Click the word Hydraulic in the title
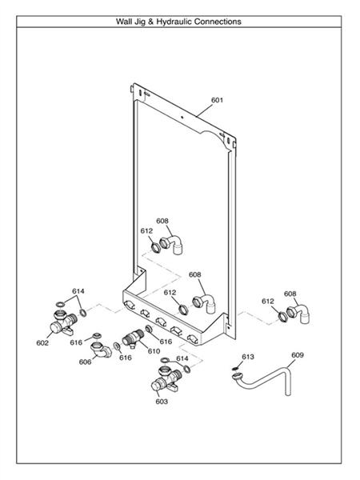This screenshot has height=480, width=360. (x=174, y=22)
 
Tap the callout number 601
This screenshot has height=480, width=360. (x=218, y=100)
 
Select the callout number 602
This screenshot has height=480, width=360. (x=42, y=343)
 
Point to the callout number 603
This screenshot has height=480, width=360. (x=162, y=402)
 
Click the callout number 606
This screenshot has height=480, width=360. (x=85, y=362)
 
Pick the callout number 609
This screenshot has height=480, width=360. (x=298, y=355)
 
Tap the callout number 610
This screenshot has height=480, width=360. (x=154, y=351)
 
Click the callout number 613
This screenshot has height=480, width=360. (x=248, y=357)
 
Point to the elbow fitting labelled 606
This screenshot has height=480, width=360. (x=101, y=350)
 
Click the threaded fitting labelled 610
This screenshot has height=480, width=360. (x=133, y=339)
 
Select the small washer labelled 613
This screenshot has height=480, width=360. (x=236, y=368)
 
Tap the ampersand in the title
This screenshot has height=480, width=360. (x=150, y=22)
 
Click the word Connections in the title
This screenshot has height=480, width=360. (x=218, y=22)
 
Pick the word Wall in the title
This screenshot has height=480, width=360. (x=123, y=22)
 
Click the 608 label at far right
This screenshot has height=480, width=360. (x=290, y=294)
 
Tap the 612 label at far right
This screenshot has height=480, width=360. (x=268, y=302)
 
